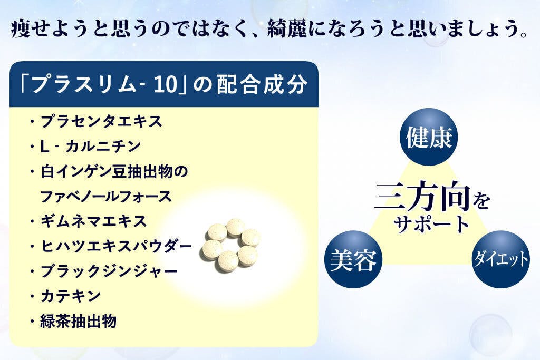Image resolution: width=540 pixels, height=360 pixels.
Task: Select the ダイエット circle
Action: pyautogui.click(x=500, y=259)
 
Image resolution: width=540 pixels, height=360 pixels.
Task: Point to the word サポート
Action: pyautogui.click(x=431, y=223)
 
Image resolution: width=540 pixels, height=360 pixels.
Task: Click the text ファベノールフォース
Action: pyautogui.click(x=106, y=197)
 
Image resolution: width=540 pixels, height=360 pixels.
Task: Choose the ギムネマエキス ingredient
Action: pyautogui.click(x=94, y=221)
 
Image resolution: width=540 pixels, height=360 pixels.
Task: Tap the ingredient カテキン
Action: pyautogui.click(x=71, y=296)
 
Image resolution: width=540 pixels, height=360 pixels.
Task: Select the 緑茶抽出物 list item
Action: pyautogui.click(x=79, y=321)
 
